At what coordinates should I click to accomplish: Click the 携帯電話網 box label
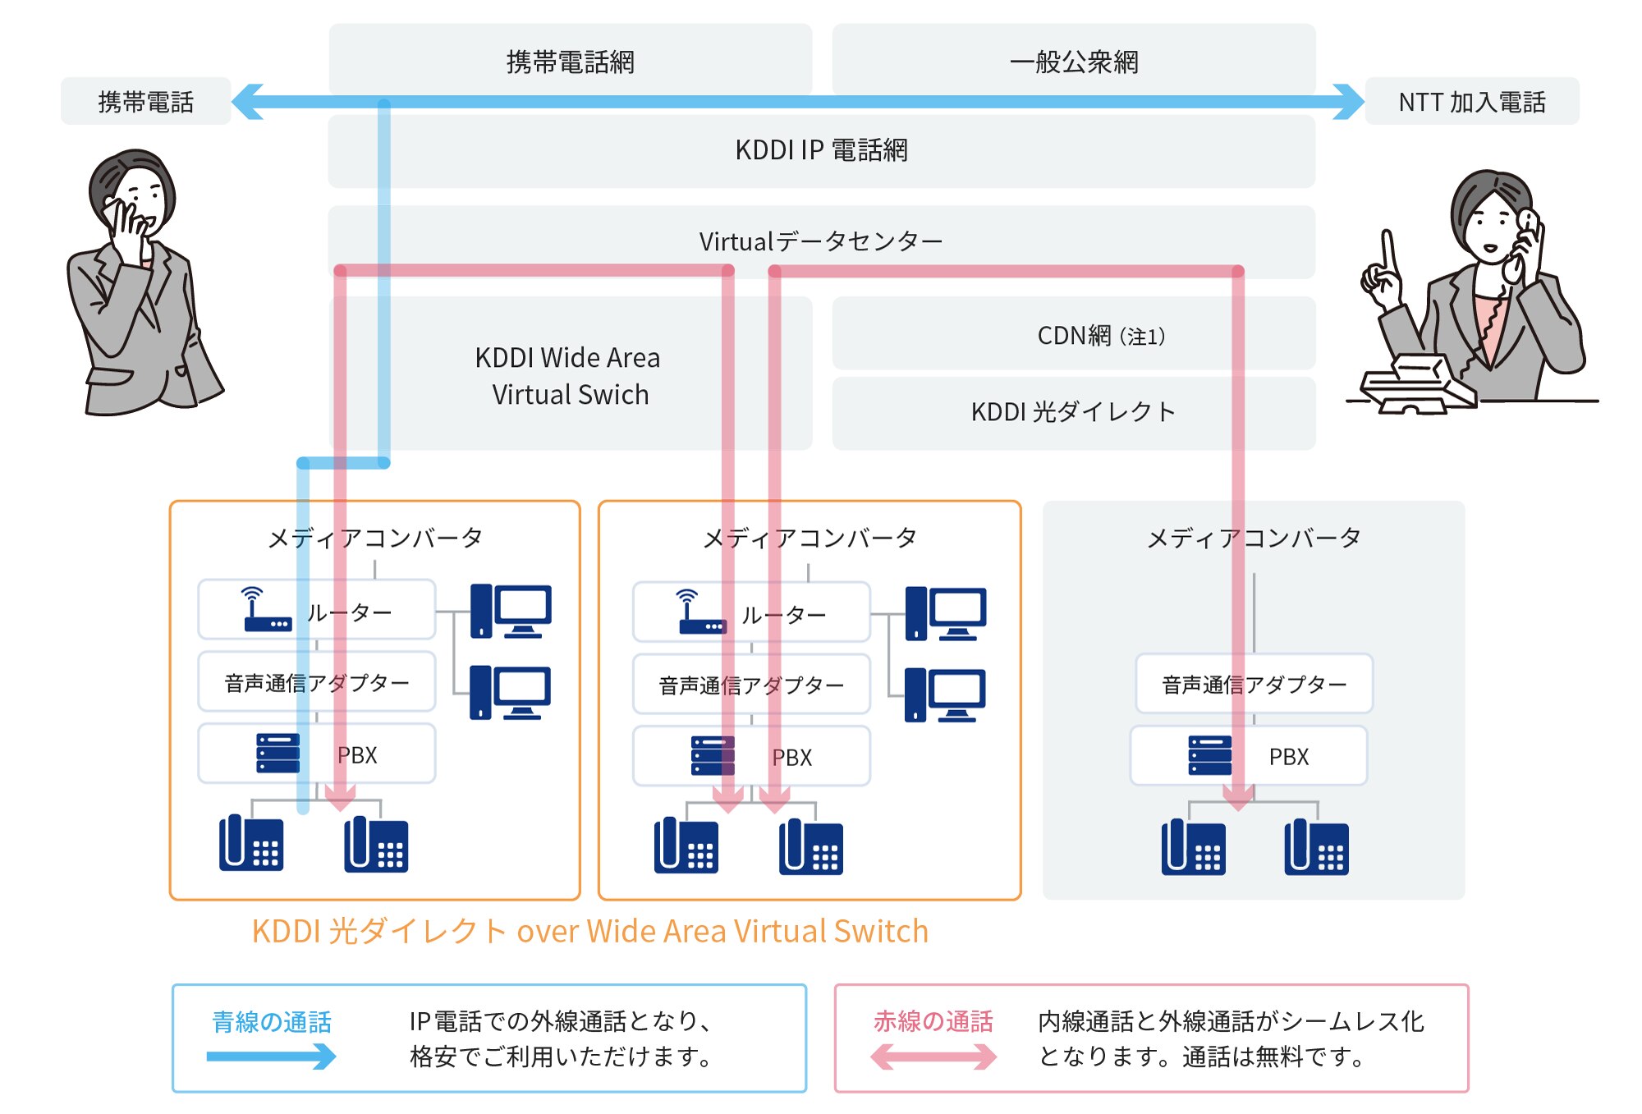click(x=570, y=62)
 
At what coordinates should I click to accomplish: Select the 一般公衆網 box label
click(x=1073, y=62)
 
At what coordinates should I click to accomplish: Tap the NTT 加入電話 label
click(x=1471, y=102)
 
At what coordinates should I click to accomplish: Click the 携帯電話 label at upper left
click(x=145, y=102)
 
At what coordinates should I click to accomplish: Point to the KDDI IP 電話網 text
click(x=821, y=150)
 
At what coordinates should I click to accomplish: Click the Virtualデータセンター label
click(x=821, y=241)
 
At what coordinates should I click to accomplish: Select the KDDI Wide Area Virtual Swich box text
click(x=568, y=376)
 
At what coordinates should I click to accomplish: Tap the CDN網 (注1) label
click(x=1100, y=336)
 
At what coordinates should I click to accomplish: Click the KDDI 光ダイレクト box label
click(x=1073, y=411)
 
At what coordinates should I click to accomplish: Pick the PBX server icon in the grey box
click(x=1209, y=755)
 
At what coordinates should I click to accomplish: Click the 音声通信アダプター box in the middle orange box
click(x=750, y=685)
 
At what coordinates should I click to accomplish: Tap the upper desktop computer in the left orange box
click(x=511, y=611)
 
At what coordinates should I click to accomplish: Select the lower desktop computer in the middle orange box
click(x=945, y=695)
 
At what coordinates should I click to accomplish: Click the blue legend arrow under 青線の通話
click(x=271, y=1056)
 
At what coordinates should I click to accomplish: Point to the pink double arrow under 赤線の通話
click(x=933, y=1056)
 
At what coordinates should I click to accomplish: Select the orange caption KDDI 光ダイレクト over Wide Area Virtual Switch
click(x=589, y=931)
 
